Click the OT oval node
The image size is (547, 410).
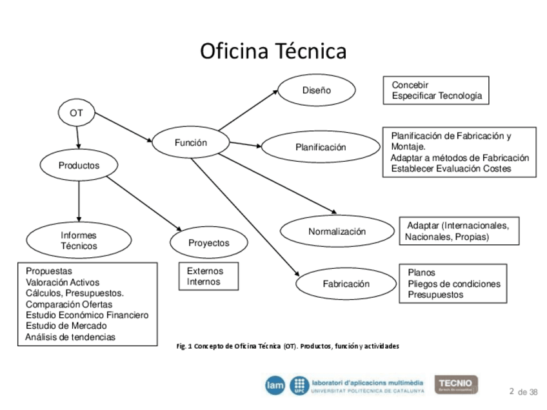coord(76,113)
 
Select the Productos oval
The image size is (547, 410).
coord(79,165)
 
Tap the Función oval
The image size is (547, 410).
coord(190,142)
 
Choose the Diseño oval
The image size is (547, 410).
coord(316,90)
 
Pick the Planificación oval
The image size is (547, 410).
coord(321,147)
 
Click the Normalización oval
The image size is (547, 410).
coord(337,231)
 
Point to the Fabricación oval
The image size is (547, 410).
coord(346,284)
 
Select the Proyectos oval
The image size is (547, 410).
coord(208,243)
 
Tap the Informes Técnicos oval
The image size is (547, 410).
coord(79,240)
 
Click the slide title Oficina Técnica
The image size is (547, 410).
coord(273,51)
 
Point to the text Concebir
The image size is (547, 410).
coord(410,84)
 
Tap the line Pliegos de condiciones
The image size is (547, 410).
coord(453,284)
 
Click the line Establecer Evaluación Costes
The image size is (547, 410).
coord(451,168)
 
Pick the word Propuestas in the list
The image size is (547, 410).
coord(49,271)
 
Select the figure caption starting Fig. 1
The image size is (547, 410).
coord(288,346)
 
